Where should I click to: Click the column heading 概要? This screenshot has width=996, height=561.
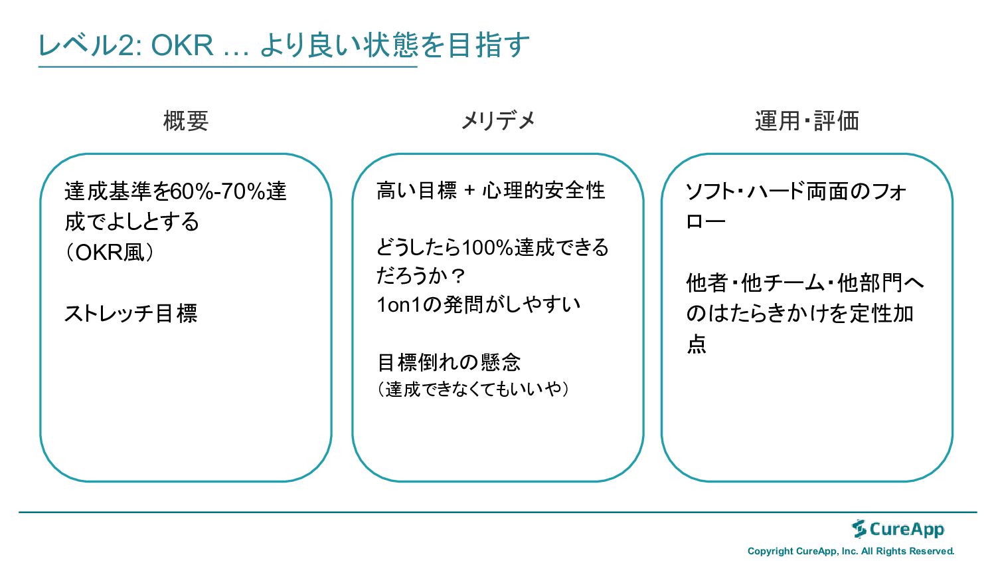coord(186,121)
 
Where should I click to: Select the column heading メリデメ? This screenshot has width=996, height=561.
coord(498,120)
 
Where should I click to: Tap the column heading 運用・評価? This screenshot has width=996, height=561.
coord(807,121)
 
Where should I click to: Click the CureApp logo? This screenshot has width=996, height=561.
coord(898,529)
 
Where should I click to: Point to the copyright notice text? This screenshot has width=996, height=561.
coord(851,551)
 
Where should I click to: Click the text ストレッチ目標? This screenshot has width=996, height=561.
coord(131,313)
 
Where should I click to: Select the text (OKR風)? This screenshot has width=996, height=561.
coord(110,253)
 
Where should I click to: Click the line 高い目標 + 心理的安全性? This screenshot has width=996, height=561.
coord(491,191)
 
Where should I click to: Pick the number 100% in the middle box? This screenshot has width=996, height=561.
coord(487,247)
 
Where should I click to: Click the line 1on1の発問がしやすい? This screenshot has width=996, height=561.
coord(479,304)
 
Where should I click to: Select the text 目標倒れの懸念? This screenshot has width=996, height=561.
coord(449,362)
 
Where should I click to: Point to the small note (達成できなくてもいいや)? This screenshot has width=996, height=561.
coord(473,389)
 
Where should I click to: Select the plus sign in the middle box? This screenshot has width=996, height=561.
coord(470,191)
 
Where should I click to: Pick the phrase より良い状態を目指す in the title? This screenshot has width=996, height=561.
coord(394,45)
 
